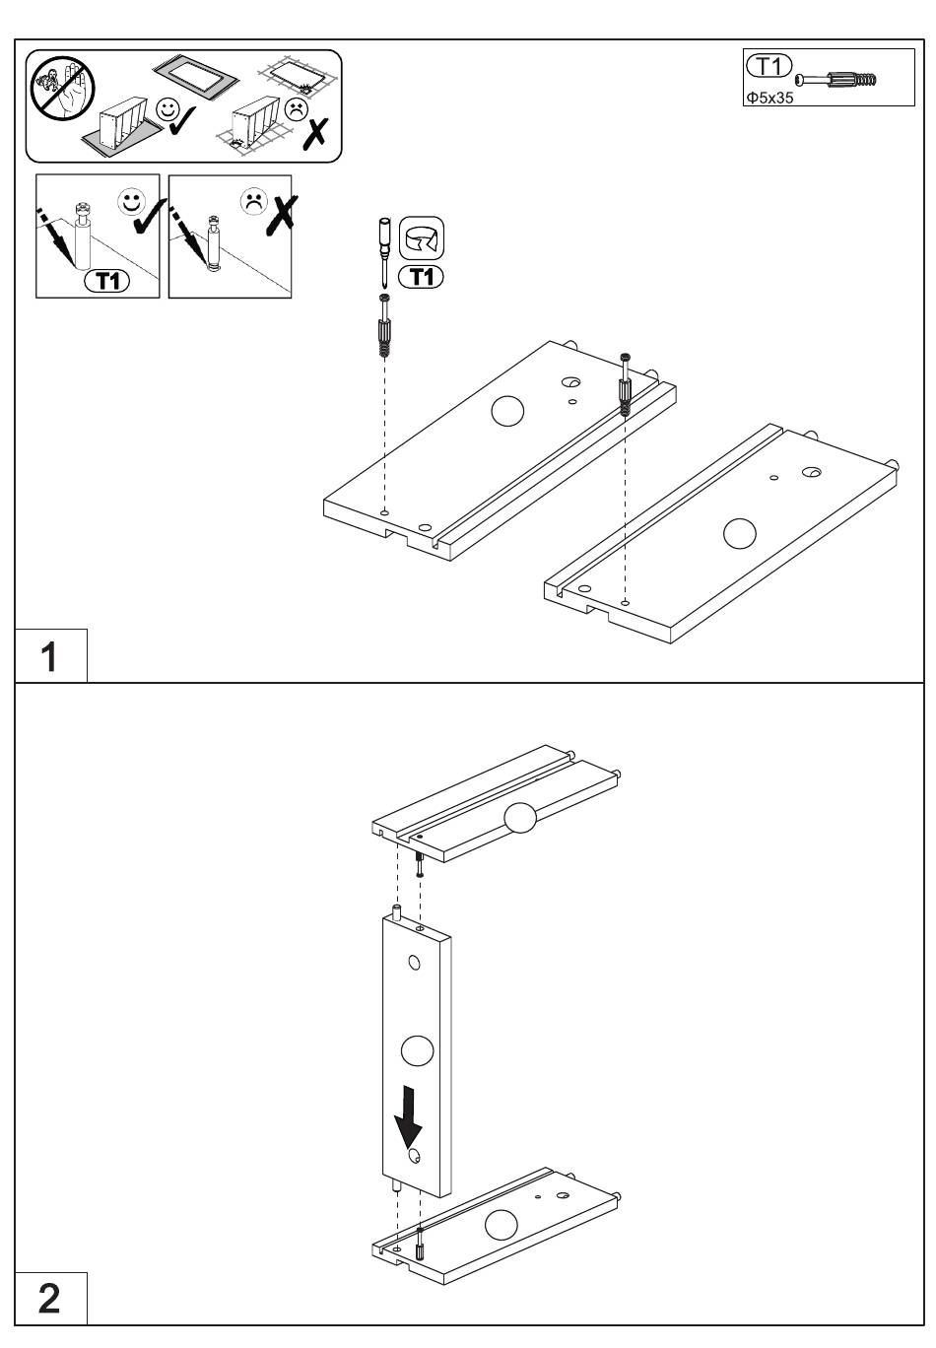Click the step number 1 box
click(50, 655)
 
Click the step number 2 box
click(50, 1298)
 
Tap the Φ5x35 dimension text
click(769, 98)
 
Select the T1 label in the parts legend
click(769, 66)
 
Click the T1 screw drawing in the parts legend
click(836, 80)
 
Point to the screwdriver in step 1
click(384, 252)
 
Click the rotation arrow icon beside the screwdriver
click(422, 238)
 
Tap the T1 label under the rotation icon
click(422, 277)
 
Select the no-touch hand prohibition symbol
click(63, 88)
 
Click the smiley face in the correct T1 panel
click(132, 202)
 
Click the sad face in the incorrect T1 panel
click(254, 201)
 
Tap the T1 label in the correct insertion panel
click(106, 281)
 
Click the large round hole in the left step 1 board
click(507, 411)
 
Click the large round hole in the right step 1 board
click(739, 533)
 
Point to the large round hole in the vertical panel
click(417, 1051)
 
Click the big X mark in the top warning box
click(315, 134)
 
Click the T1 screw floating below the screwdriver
click(384, 326)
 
